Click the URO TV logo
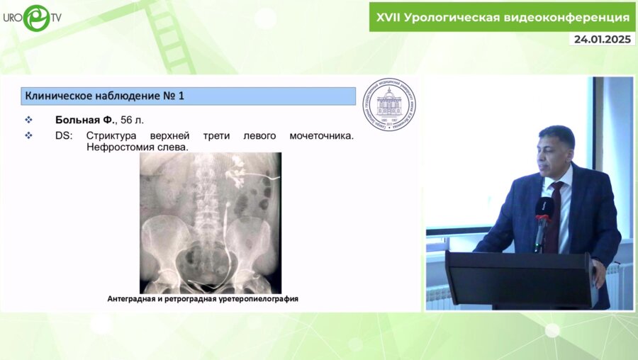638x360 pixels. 32,17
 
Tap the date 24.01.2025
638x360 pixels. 602,39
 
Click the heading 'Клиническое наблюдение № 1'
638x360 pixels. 104,96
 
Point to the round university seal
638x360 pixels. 390,104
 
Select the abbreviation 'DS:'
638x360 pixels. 65,135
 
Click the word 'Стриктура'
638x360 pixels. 111,135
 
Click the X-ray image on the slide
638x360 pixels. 211,223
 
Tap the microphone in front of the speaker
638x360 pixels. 543,213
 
